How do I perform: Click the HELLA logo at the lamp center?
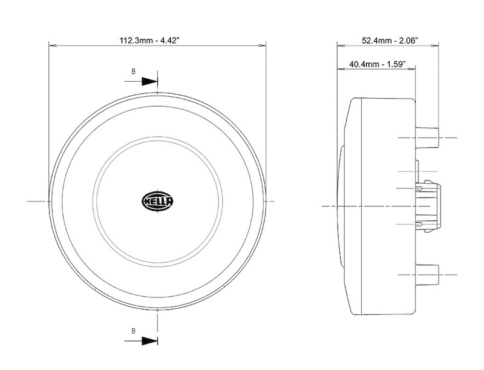157,202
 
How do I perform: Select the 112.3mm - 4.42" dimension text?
149,41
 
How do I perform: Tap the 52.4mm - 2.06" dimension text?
390,41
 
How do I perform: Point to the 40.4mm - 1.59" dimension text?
377,64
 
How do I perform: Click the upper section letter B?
133,71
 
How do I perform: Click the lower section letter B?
133,331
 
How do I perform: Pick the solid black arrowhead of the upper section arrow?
149,82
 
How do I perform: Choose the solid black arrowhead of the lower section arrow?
149,341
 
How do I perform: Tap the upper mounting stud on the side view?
427,137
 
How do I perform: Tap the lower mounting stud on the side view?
427,274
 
